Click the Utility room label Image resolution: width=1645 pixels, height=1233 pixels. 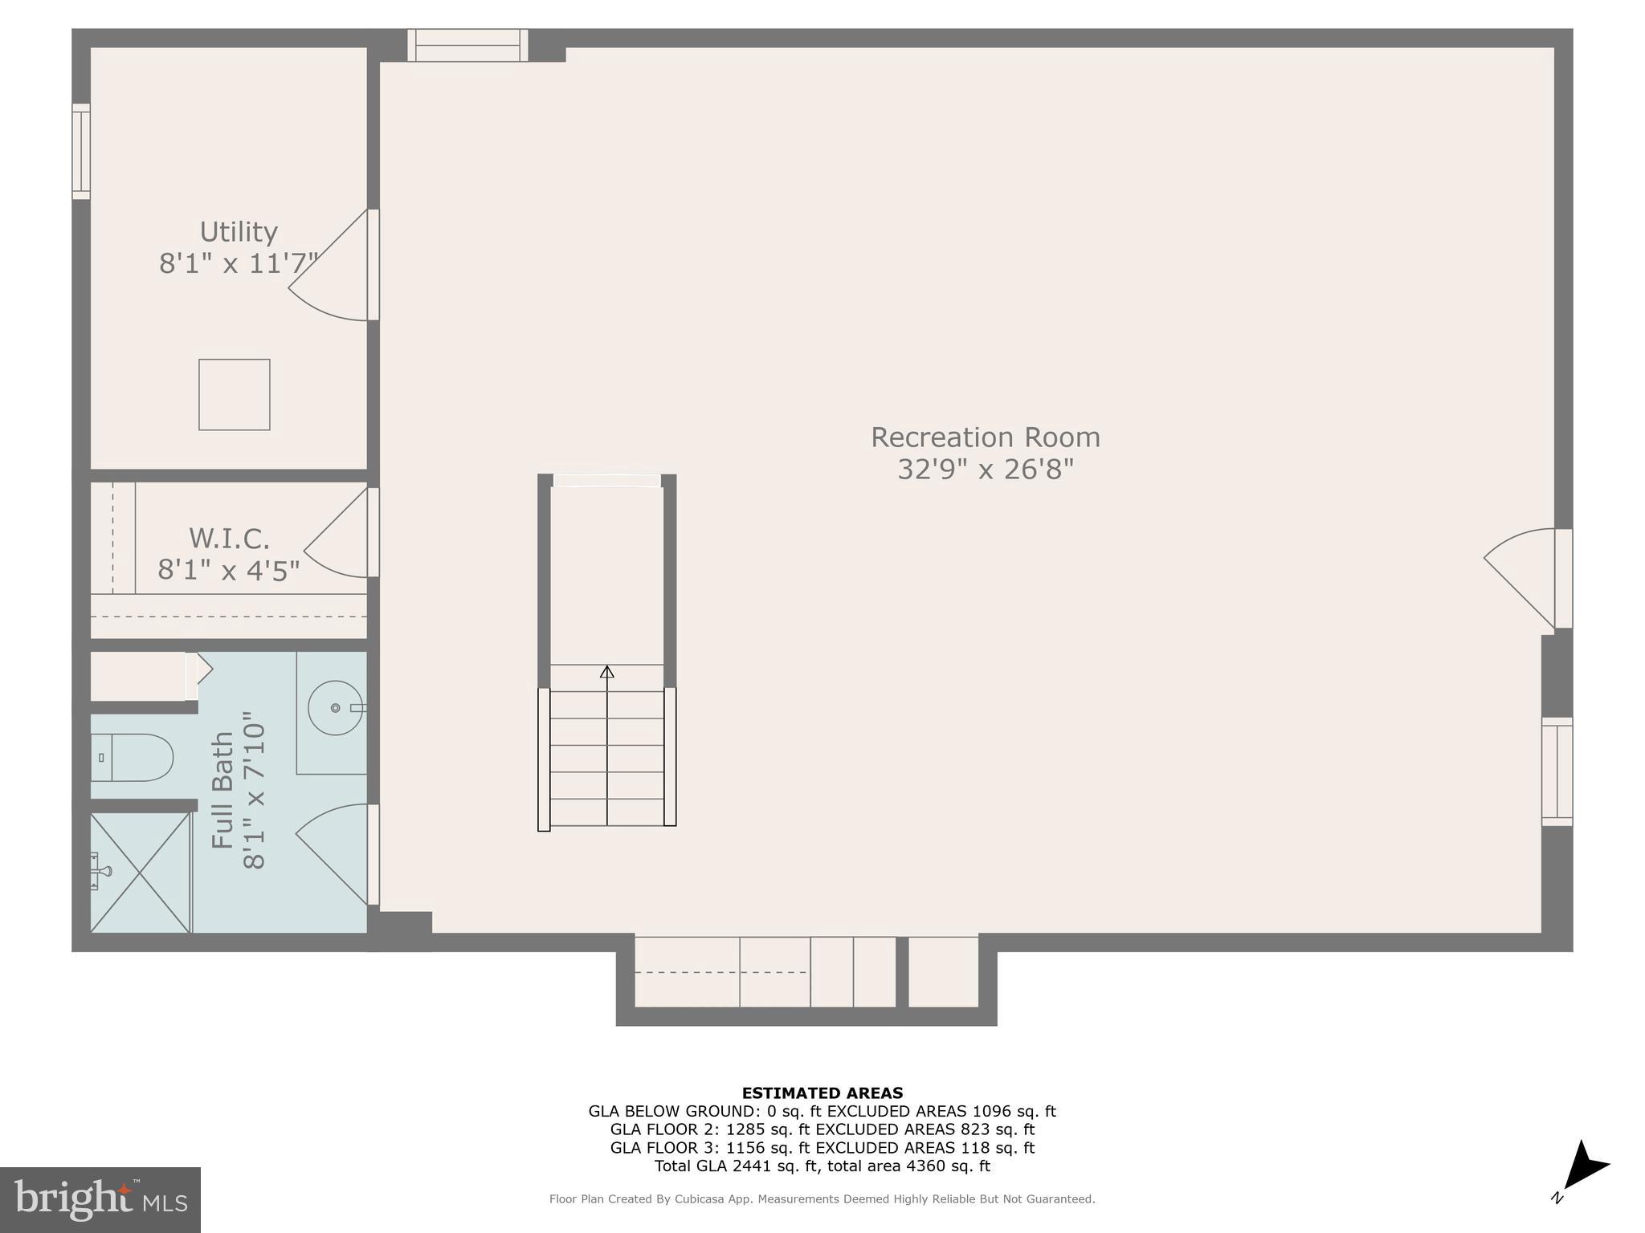click(239, 232)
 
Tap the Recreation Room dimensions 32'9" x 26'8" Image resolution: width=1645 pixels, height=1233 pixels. click(986, 469)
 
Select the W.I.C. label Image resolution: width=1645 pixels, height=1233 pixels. click(229, 538)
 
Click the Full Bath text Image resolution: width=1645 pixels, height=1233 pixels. click(222, 791)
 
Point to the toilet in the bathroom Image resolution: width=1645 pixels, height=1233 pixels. click(133, 757)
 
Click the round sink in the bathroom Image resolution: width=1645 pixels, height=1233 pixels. click(336, 708)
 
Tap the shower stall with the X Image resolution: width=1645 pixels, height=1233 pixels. click(140, 873)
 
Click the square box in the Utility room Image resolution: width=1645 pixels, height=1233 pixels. click(235, 395)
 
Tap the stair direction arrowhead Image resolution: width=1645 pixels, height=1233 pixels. click(607, 672)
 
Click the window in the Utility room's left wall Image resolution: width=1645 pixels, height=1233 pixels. click(81, 151)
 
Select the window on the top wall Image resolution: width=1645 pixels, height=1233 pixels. click(467, 46)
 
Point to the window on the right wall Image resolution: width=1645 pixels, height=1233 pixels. click(1557, 771)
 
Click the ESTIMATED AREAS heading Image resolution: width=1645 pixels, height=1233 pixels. click(822, 1093)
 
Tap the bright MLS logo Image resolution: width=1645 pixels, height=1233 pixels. click(100, 1199)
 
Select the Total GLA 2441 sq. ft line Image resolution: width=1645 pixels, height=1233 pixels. click(822, 1166)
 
